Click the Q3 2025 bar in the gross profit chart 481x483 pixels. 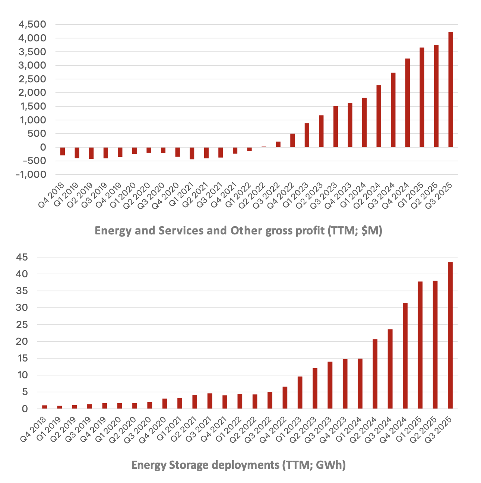coord(450,89)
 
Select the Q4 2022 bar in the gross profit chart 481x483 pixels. coord(292,141)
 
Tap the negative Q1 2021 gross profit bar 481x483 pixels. coord(192,153)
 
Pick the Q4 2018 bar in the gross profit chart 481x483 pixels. coord(63,151)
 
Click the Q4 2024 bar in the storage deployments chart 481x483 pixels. coord(405,356)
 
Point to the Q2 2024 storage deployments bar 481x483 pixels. coord(375,374)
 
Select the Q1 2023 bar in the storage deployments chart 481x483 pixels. coord(300,392)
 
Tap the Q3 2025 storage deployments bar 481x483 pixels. coord(450,335)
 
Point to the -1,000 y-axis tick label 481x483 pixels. coord(31,175)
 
